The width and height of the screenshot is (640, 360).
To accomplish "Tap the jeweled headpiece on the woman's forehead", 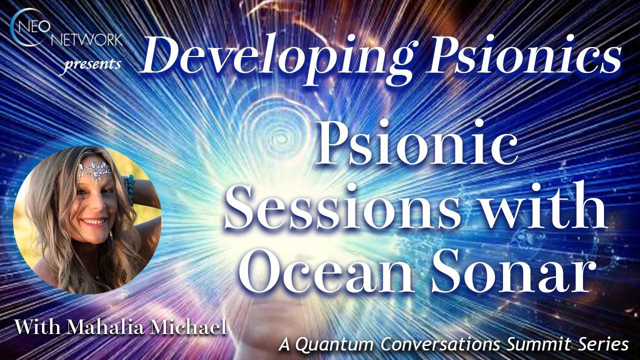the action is click(95, 170).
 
